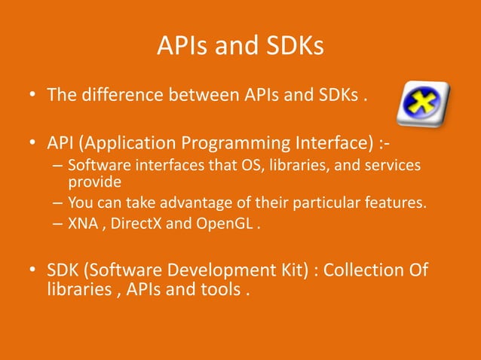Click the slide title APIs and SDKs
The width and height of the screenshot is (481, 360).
point(240,47)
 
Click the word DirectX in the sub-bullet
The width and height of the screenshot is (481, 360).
point(133,223)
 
